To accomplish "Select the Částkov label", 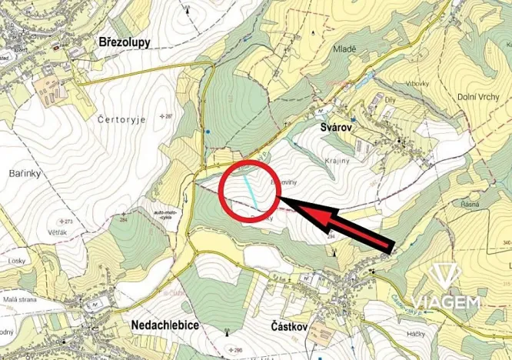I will (x=290, y=326).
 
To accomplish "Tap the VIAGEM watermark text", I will (x=445, y=302).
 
